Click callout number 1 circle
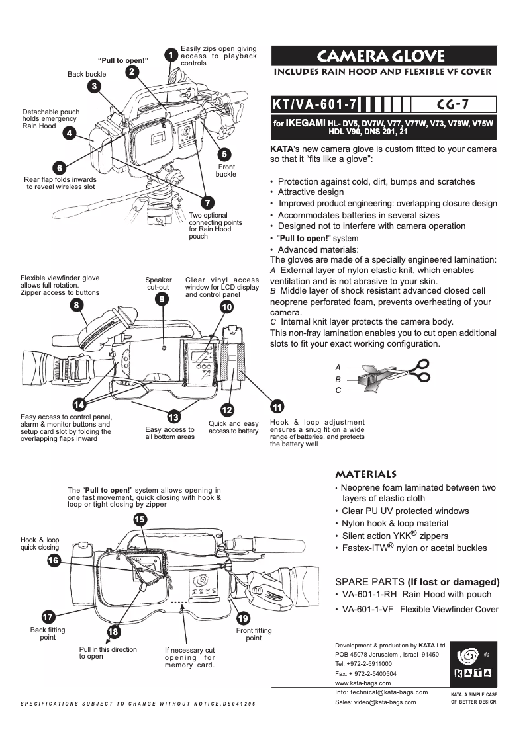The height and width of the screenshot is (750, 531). click(170, 54)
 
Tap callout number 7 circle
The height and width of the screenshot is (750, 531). click(207, 202)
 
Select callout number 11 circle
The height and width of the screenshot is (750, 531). click(278, 406)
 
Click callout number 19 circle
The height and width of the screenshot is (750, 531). click(243, 618)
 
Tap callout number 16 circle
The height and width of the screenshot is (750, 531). click(54, 560)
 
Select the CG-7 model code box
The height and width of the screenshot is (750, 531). click(454, 104)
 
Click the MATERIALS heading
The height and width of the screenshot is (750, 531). click(366, 474)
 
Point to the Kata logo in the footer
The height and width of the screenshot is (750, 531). click(473, 665)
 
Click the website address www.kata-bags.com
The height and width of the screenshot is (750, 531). click(363, 683)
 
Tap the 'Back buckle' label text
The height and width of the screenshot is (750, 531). click(86, 75)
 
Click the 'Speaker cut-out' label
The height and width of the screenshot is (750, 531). click(158, 284)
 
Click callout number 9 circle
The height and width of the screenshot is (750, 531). click(160, 299)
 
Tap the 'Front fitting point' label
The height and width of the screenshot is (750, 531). click(254, 634)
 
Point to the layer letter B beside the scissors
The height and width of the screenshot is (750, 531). click(338, 380)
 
